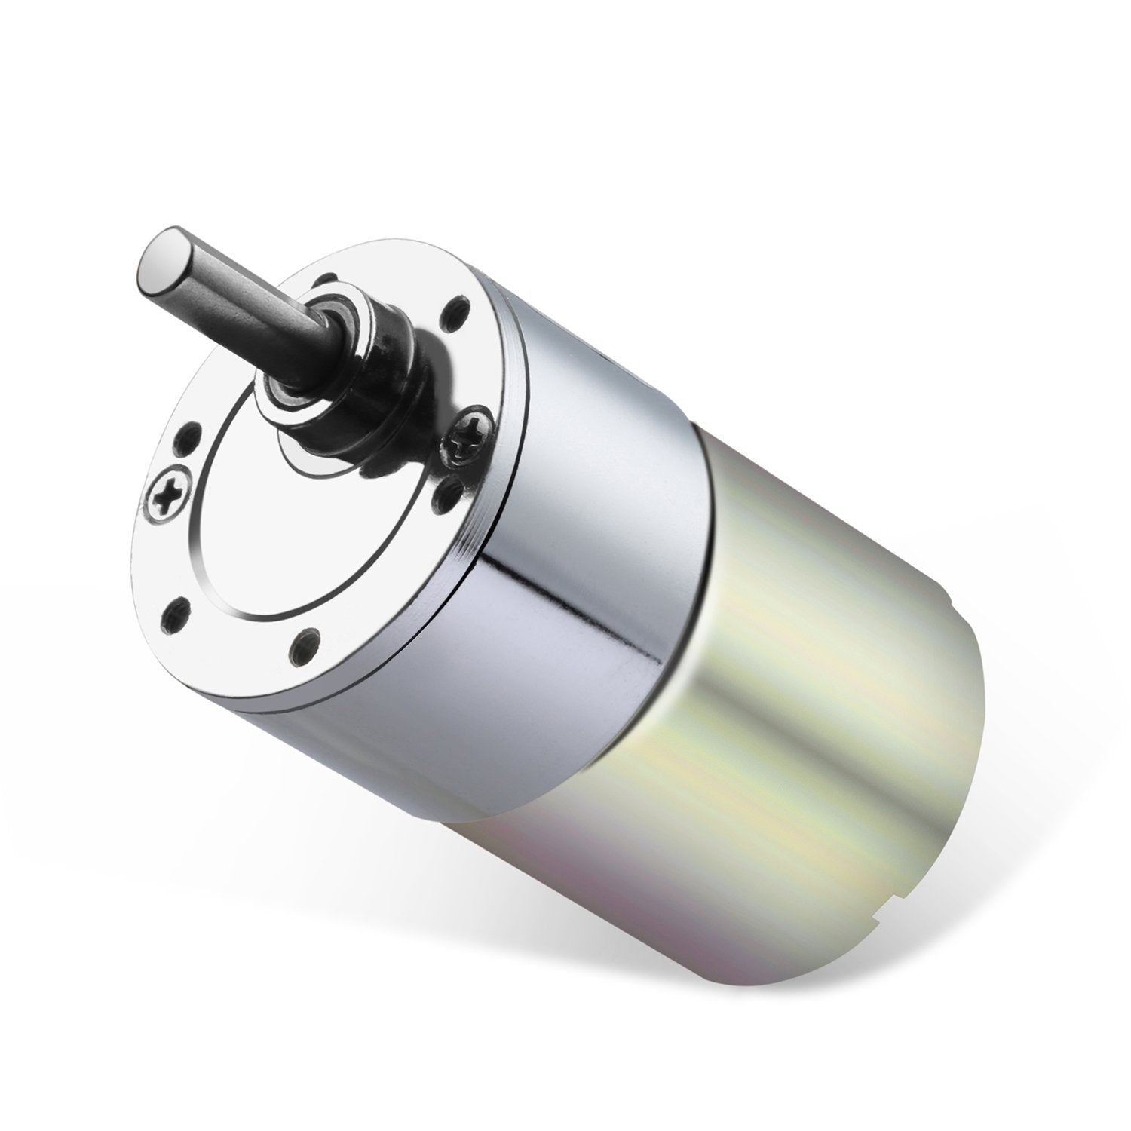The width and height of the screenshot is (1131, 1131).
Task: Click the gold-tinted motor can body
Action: pyautogui.click(x=792, y=716)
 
